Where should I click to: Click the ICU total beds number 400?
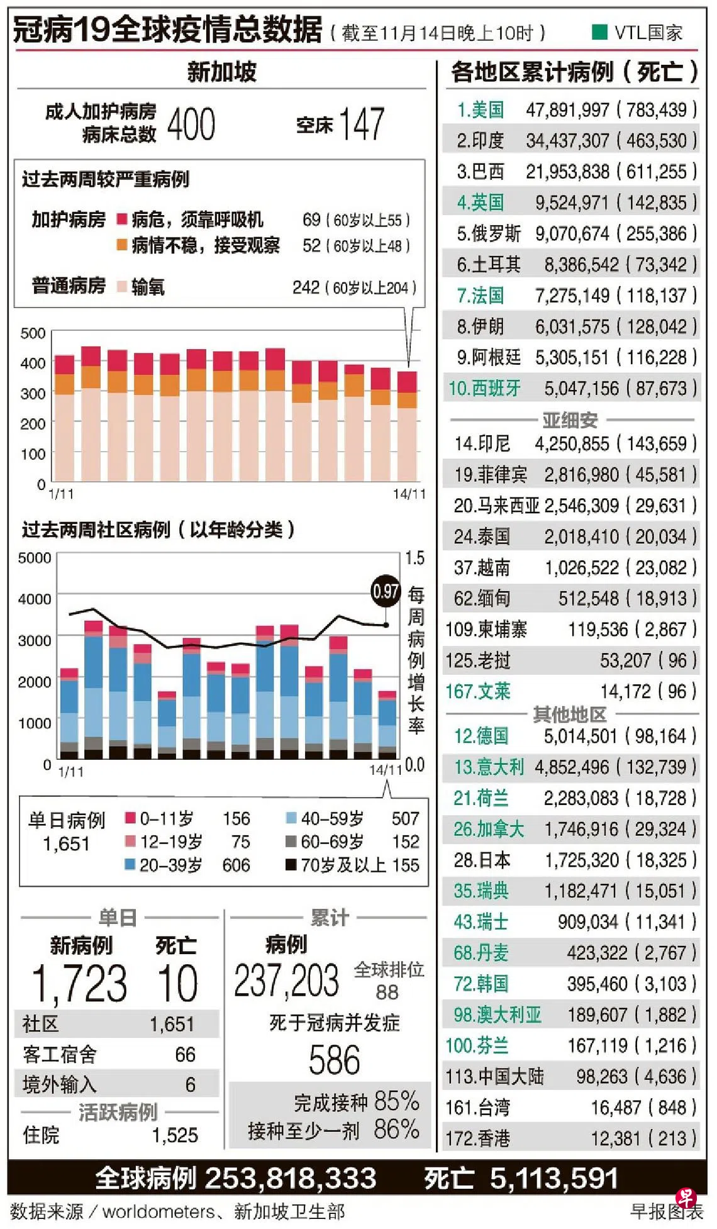coord(191,124)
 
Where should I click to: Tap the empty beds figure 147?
coord(361,124)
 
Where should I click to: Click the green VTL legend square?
coord(599,32)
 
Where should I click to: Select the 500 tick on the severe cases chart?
coord(33,333)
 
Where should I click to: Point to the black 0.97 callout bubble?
coord(386,591)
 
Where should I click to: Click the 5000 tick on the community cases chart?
coord(35,558)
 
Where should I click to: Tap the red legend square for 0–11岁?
coord(131,818)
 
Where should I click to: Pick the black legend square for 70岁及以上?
coord(291,865)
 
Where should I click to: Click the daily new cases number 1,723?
coord(80,983)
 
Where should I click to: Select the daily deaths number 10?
coord(177,983)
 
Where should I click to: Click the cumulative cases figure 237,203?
coord(286,981)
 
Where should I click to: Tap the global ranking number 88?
coord(387,992)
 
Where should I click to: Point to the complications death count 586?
coord(334,1060)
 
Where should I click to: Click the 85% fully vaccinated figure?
coord(396,1101)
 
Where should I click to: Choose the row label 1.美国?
coord(481,110)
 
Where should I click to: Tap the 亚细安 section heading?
coord(570,420)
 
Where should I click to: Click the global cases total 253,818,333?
coord(290,1179)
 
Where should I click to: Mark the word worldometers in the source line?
coord(158,1211)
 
